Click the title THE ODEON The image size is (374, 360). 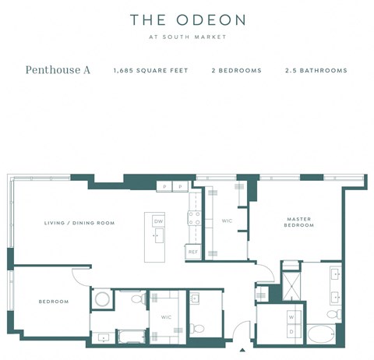tap(187, 19)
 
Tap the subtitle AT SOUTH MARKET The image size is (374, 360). tap(187, 37)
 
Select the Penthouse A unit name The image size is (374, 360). tap(58, 70)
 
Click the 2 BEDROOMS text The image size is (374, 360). tap(236, 71)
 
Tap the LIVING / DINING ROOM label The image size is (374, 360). tap(79, 223)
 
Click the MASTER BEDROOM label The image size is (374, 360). tap(299, 222)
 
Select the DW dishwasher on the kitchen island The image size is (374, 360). tap(158, 221)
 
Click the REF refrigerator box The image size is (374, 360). tap(192, 252)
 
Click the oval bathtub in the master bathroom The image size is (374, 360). tap(319, 335)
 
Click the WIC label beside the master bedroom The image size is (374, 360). tap(228, 221)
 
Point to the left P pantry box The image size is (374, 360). tap(164, 187)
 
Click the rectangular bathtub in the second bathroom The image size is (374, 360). tap(130, 337)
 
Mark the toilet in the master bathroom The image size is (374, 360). tap(333, 313)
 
